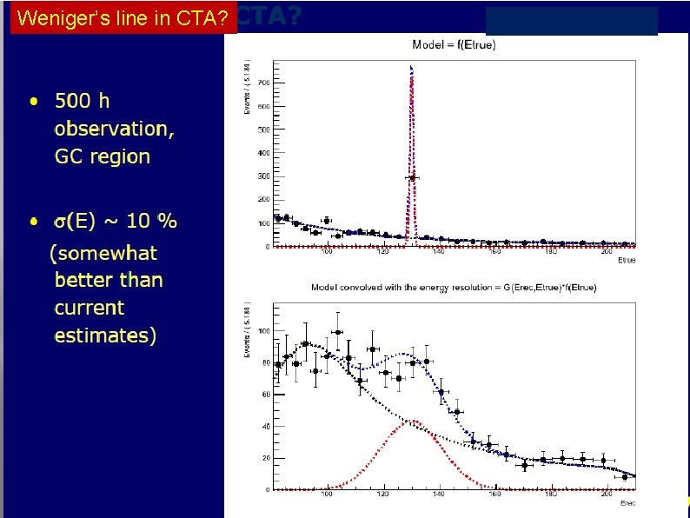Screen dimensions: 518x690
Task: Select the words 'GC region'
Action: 102,156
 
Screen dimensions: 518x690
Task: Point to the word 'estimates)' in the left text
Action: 105,335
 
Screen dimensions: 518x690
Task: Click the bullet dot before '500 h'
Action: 33,102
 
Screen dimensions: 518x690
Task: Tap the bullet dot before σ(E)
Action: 33,222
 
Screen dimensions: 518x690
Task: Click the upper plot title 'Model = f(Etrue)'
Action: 454,45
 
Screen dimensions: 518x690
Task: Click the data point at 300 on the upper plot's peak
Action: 412,177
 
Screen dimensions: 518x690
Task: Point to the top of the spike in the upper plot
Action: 411,67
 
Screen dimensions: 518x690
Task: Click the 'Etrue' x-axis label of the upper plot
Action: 626,259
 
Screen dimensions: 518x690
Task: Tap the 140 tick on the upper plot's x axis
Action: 439,252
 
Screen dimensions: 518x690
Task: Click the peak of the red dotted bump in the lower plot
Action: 416,422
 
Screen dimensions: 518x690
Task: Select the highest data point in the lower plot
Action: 336,331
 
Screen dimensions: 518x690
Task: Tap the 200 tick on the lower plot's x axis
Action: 605,495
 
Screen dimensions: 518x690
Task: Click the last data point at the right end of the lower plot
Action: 624,476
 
